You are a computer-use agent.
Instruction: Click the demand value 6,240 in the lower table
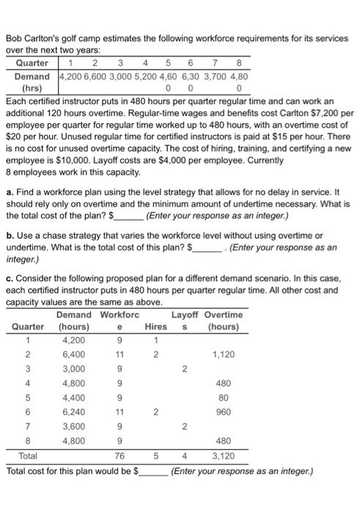coord(74,412)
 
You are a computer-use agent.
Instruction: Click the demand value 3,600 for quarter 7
coord(74,426)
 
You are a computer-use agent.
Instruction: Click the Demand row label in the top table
coord(32,75)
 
